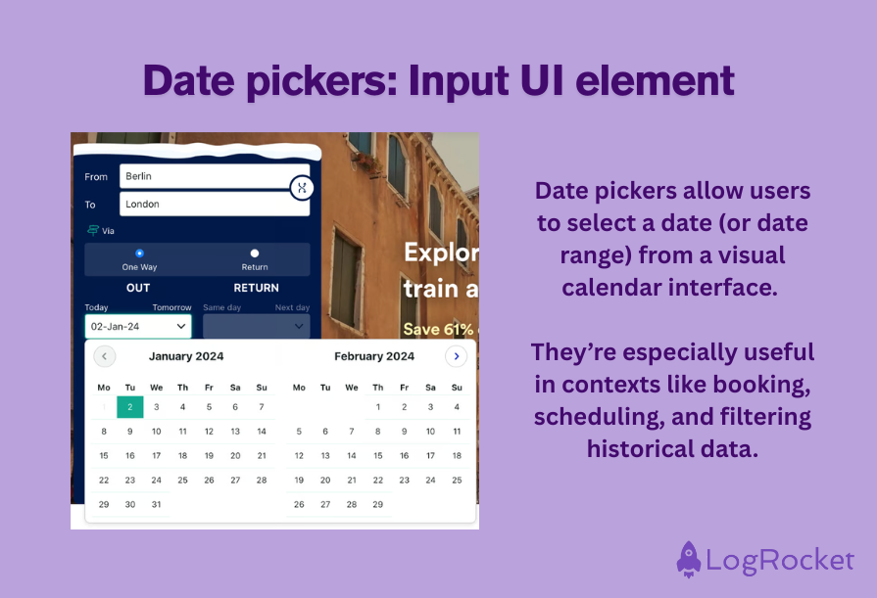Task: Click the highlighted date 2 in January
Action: pos(130,406)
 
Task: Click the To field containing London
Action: pos(214,204)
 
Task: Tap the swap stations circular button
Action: pos(302,187)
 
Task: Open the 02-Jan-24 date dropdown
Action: pos(138,326)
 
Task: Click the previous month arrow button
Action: pos(104,356)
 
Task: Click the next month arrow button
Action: pos(456,356)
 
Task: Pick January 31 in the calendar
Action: pos(156,505)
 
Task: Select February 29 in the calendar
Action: pos(378,505)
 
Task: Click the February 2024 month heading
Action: pos(373,356)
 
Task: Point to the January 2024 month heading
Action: pos(186,356)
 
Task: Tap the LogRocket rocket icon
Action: pos(690,560)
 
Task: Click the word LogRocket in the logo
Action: pos(780,562)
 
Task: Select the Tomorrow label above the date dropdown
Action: pos(171,307)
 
